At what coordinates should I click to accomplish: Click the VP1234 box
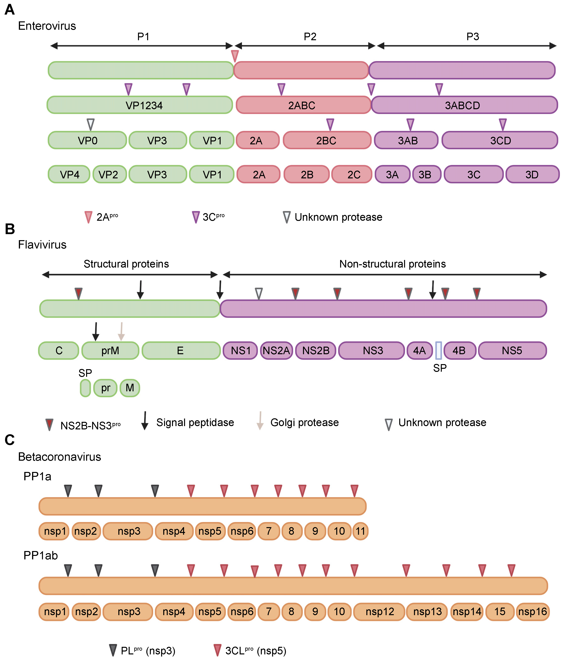tap(140, 105)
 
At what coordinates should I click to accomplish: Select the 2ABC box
tap(303, 105)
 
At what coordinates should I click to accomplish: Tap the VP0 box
tap(87, 140)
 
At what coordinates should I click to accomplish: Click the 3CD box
tap(500, 140)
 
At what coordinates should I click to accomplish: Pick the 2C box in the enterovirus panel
tap(352, 174)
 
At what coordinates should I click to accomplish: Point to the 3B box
tap(427, 174)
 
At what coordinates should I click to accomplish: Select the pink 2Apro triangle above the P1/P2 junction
tap(235, 56)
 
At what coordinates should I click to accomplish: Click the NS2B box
tap(315, 350)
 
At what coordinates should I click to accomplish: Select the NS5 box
tap(512, 350)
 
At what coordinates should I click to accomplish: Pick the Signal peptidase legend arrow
tap(145, 420)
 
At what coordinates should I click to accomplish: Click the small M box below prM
tap(130, 388)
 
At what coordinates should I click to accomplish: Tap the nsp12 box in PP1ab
tap(379, 611)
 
